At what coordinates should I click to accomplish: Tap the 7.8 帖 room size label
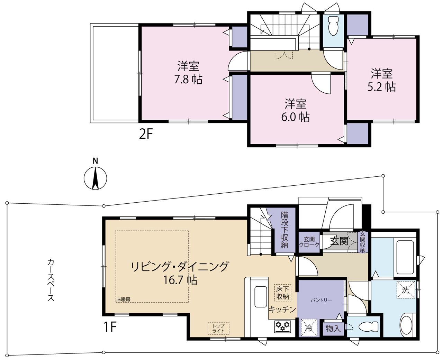pos(188,80)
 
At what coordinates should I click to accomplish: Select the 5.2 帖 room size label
pos(382,87)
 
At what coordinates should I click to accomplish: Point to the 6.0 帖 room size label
pos(295,117)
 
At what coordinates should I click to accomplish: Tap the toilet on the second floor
pos(333,26)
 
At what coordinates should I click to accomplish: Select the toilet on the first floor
pos(368,327)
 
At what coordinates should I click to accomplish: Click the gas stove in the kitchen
pos(283,326)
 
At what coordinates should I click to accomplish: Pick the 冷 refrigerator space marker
pos(309,328)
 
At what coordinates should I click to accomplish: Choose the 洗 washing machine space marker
pos(405,290)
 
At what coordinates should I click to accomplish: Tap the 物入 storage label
pos(333,329)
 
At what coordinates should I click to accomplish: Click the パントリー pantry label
pos(321,301)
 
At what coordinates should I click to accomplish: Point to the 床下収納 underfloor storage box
pos(282,293)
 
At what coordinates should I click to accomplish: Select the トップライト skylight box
pos(218,328)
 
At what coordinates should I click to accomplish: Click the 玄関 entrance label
pos(339,241)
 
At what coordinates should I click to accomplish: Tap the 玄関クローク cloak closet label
pos(309,242)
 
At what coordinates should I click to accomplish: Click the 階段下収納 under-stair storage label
pos(284,230)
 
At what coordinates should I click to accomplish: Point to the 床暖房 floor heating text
pos(123,299)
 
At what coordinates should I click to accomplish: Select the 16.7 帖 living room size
pos(180,280)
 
